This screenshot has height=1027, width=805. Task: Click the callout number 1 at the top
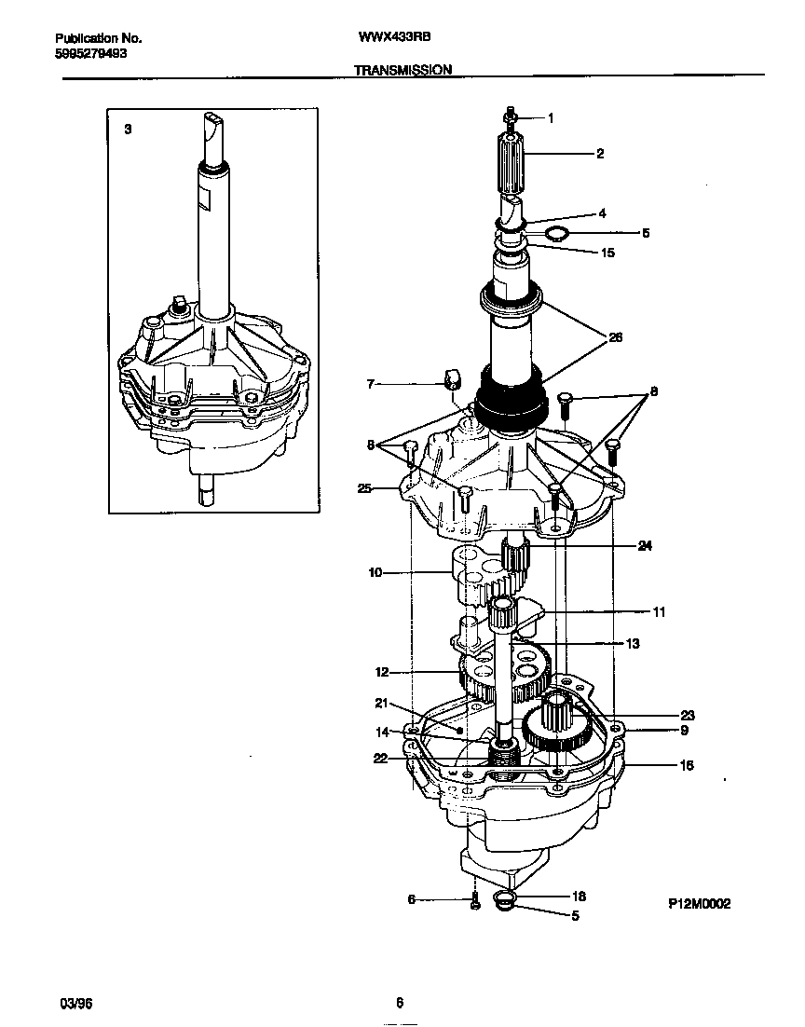coord(550,118)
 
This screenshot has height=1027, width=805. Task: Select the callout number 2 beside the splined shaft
coord(599,154)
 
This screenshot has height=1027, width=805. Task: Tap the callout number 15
coord(607,253)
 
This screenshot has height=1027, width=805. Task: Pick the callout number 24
coord(644,545)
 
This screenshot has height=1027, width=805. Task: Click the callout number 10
coord(375,573)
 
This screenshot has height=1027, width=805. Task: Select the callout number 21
coord(380,704)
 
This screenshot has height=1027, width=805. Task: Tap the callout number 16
coord(686,765)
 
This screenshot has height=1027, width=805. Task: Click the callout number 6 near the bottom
coord(411,899)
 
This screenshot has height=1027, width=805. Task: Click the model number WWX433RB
coord(394,38)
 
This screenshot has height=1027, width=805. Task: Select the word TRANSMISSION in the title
coord(402,69)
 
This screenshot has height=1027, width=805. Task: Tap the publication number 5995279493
coord(92,53)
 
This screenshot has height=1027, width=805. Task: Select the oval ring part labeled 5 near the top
coord(555,232)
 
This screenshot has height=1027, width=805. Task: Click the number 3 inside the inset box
coord(128,130)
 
